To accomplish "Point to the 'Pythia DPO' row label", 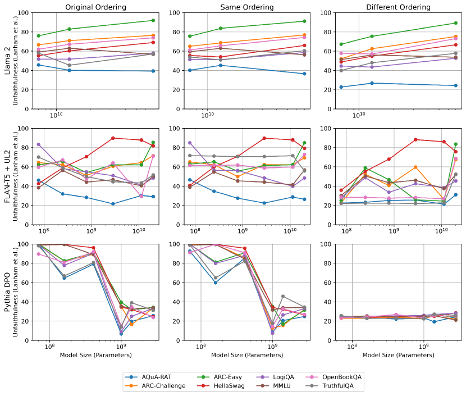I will coord(7,292).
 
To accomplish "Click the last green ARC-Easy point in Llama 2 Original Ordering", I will coord(153,20).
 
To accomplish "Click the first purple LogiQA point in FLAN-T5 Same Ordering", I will coord(190,143).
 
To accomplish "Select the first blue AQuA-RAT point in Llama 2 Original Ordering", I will coord(38,65).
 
